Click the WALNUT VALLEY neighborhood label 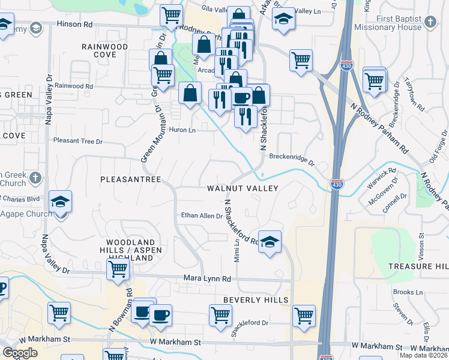coord(243,188)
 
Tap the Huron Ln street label coord(183,130)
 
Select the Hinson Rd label coord(75,25)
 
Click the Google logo coord(20,353)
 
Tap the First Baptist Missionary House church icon coord(430,23)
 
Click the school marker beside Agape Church coord(61,202)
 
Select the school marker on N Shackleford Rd coord(270,241)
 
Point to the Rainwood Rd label coord(74,86)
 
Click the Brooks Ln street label coord(409,292)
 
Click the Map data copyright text coord(424,356)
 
